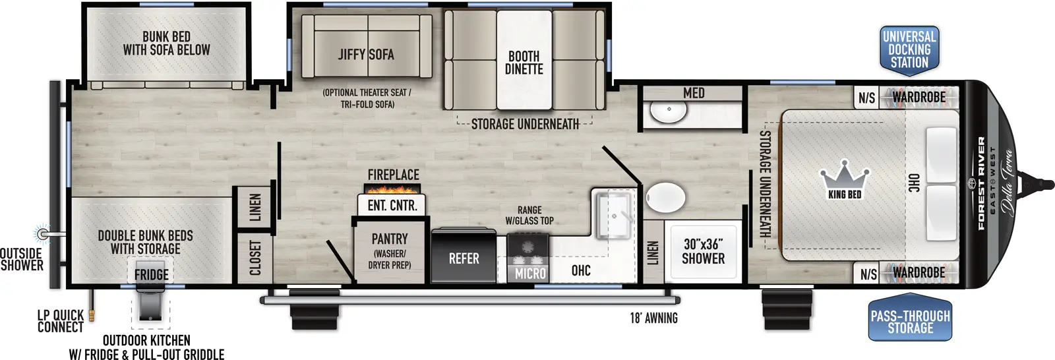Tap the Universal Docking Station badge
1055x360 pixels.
909,50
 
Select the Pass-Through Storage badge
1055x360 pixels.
910,321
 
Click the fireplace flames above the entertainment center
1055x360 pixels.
393,189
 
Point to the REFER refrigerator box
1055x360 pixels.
464,258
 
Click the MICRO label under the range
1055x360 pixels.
530,274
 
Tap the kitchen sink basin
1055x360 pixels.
613,215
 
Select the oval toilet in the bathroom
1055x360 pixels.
665,197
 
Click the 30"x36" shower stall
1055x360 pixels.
703,251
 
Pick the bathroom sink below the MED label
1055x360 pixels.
669,111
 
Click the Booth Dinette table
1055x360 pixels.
524,62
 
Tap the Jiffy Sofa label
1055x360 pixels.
366,55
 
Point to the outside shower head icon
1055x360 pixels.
43,233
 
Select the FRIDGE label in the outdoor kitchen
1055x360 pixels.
151,274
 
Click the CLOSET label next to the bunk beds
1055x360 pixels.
255,258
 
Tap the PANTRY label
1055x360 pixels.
390,239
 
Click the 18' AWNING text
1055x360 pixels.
653,318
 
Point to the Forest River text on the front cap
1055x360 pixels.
982,183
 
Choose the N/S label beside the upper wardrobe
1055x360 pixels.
866,98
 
